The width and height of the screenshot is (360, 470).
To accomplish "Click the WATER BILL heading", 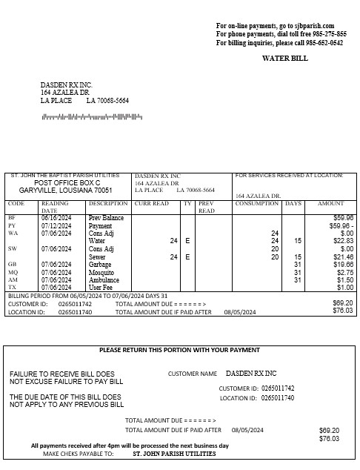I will pyautogui.click(x=285, y=58).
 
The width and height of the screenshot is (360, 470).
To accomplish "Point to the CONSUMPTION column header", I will pyautogui.click(x=256, y=203).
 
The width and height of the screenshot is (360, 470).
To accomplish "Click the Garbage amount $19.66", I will pyautogui.click(x=343, y=264).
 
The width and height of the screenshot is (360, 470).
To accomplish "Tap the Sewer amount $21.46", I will pyautogui.click(x=343, y=256).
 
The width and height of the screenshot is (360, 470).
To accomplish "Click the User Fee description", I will pyautogui.click(x=101, y=288).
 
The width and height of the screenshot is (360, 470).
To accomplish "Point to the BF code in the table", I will pyautogui.click(x=12, y=218).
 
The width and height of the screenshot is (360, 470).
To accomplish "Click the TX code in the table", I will pyautogui.click(x=12, y=288).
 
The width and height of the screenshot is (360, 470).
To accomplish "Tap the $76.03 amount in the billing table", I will pyautogui.click(x=343, y=311).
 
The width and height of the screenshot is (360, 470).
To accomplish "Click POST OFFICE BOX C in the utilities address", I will pyautogui.click(x=67, y=182).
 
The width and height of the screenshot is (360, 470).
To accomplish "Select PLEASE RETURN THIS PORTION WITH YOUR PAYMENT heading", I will pyautogui.click(x=179, y=350).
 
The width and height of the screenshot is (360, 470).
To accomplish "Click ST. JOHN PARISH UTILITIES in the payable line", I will pyautogui.click(x=174, y=453).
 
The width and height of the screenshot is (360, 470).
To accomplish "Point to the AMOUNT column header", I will pyautogui.click(x=330, y=203).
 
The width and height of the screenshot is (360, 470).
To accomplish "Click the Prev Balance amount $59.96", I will pyautogui.click(x=343, y=218).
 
